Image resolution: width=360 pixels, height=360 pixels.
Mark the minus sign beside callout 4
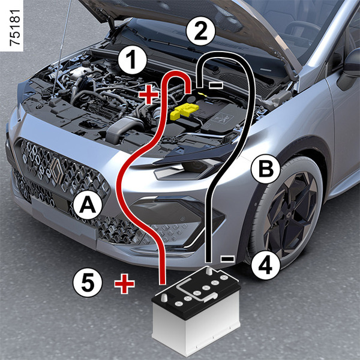[x=227, y=259]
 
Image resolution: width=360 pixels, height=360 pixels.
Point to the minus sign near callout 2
[x=215, y=85]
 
